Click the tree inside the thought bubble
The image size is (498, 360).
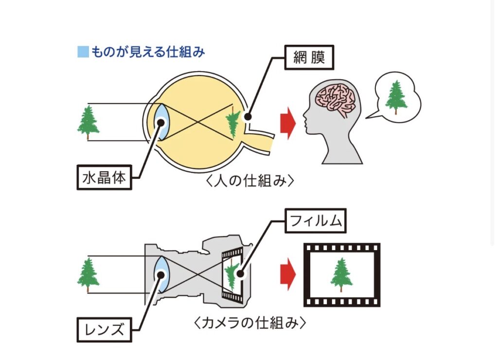[x=396, y=96]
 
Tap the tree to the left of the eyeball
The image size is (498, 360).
[x=88, y=123]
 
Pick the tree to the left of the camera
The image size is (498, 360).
[x=88, y=275]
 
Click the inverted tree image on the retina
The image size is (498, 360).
[x=233, y=121]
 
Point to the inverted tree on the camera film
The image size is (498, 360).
[x=233, y=275]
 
